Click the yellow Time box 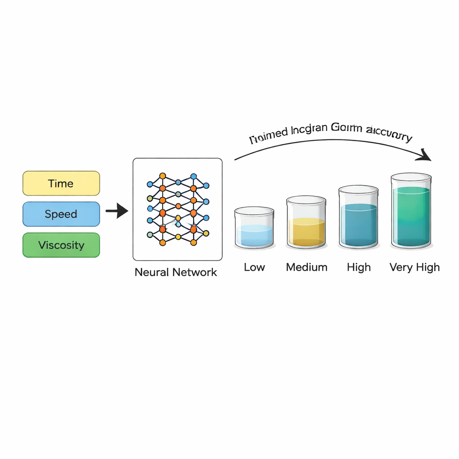tap(61, 183)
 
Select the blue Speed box tap(61, 214)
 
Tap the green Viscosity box tap(61, 245)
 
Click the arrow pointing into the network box tap(117, 210)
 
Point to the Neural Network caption tap(176, 272)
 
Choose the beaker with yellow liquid tap(306, 222)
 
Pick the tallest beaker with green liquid tap(411, 211)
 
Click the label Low tap(254, 268)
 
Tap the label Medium tap(307, 268)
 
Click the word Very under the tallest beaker tap(400, 268)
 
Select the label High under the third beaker tap(359, 268)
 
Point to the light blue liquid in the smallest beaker tap(254, 236)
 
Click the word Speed tap(61, 214)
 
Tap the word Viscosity tap(61, 245)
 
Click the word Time tap(61, 183)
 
